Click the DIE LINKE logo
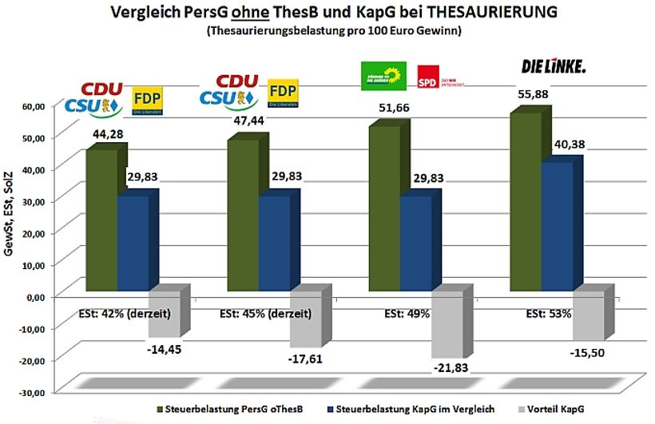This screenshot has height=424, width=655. [553, 66]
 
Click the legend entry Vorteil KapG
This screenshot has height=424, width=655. [558, 409]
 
